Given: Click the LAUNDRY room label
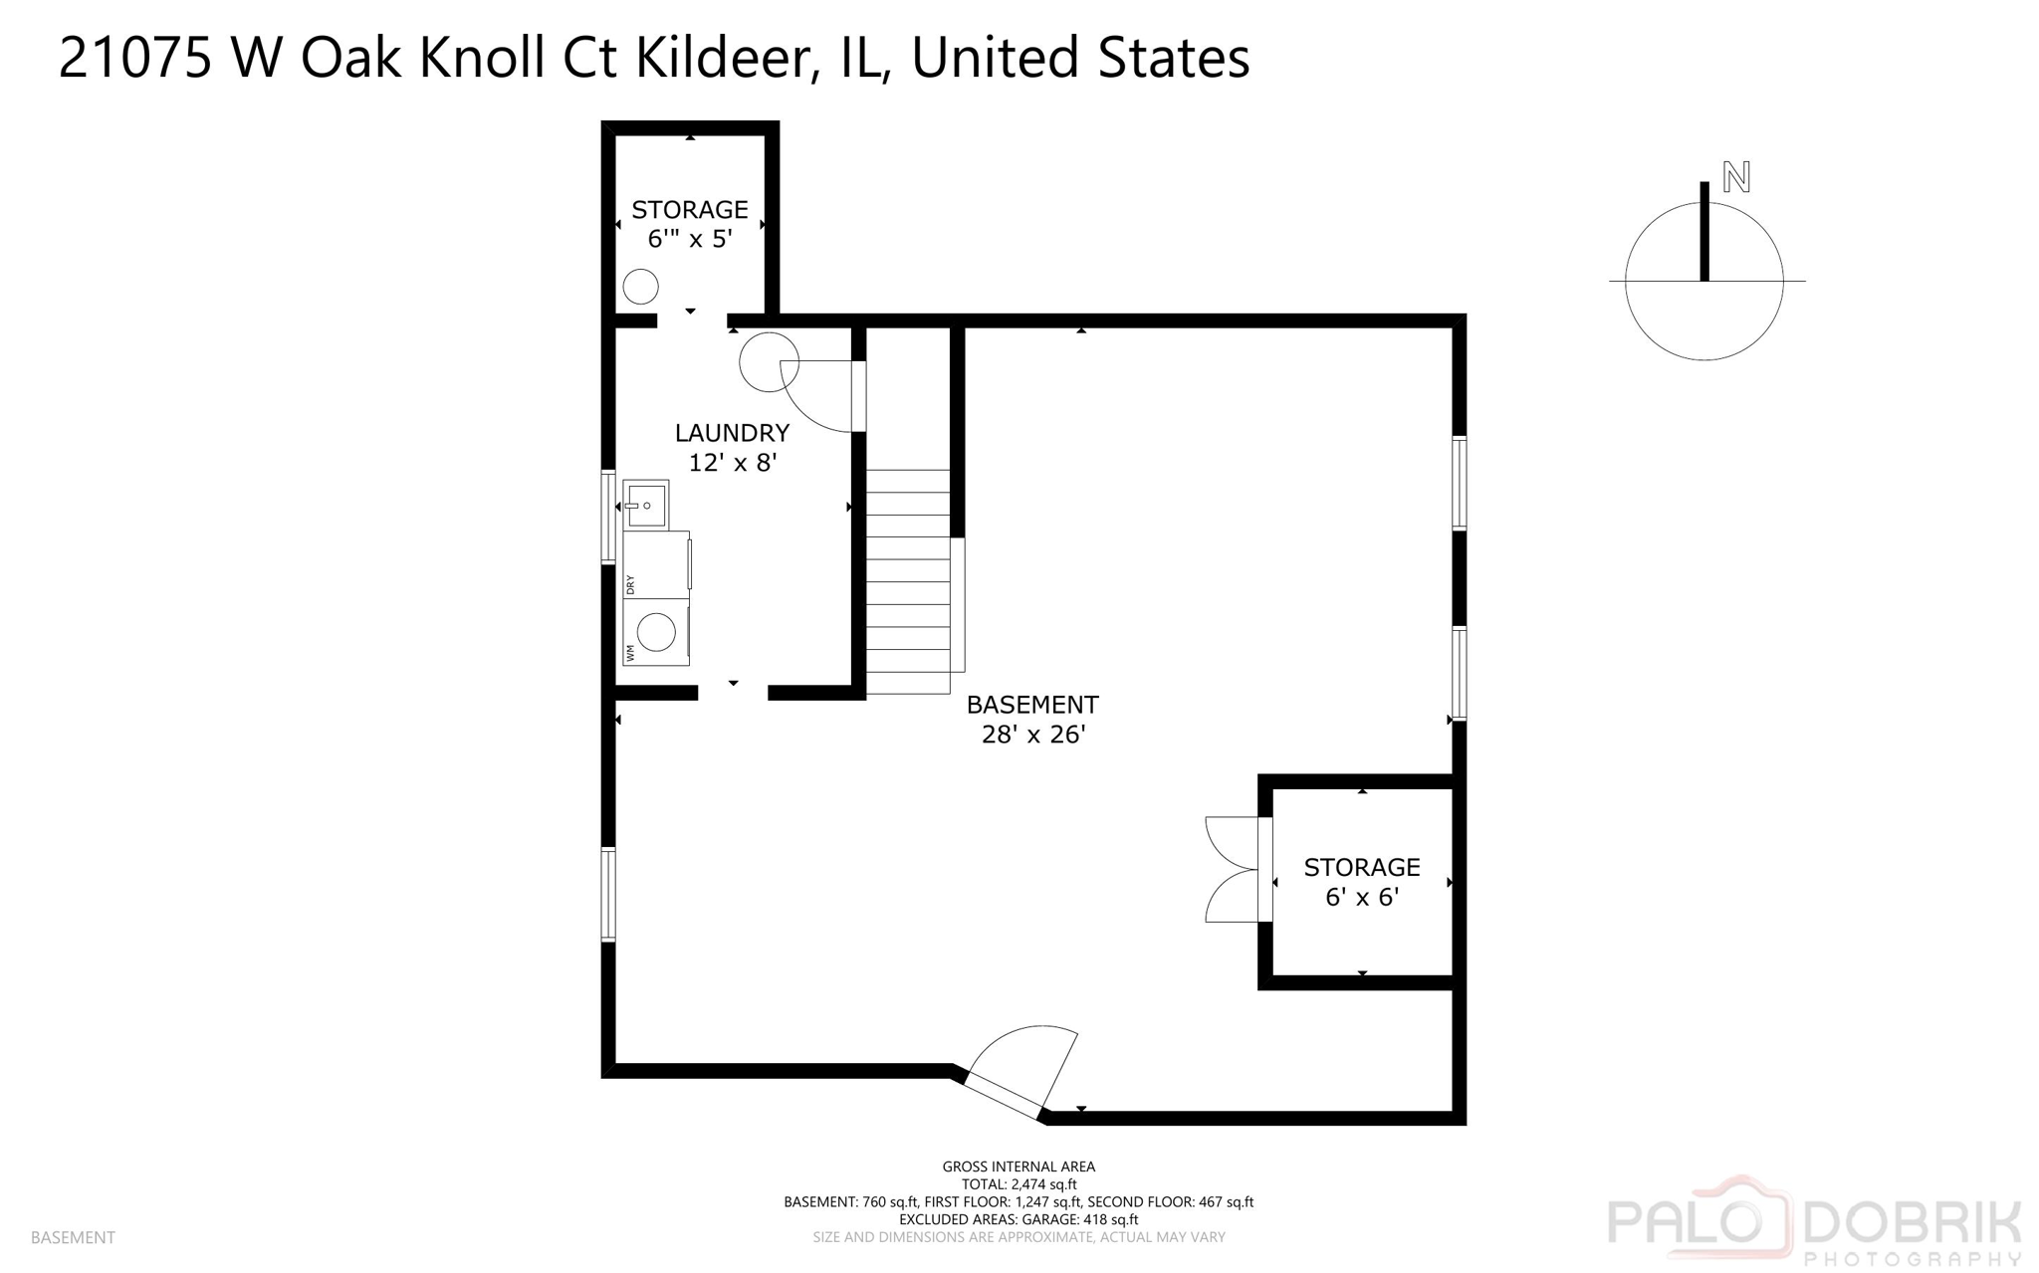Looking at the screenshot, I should click(x=732, y=433).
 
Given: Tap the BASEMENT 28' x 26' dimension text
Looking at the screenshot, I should click(x=1032, y=735).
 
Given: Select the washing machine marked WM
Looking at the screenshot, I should click(x=656, y=632).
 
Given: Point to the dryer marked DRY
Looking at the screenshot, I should click(x=656, y=565).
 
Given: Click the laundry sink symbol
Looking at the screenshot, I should click(x=646, y=505).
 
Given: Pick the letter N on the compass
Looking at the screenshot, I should click(x=1736, y=178).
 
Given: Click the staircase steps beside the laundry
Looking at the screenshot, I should click(x=907, y=582).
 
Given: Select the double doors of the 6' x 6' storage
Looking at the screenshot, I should click(x=1235, y=869).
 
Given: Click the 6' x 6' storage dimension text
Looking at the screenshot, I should click(x=1361, y=897).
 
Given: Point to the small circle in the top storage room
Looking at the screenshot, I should click(x=640, y=288).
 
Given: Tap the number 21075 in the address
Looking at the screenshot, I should click(x=135, y=58).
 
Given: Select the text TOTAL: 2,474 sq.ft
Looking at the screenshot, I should click(x=1019, y=1184).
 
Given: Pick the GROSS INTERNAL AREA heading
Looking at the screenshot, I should click(x=1019, y=1167).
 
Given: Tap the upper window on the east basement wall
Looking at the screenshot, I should click(x=1459, y=483).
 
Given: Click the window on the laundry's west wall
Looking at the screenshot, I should click(x=608, y=518).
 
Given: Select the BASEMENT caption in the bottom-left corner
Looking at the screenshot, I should click(x=73, y=1237).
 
